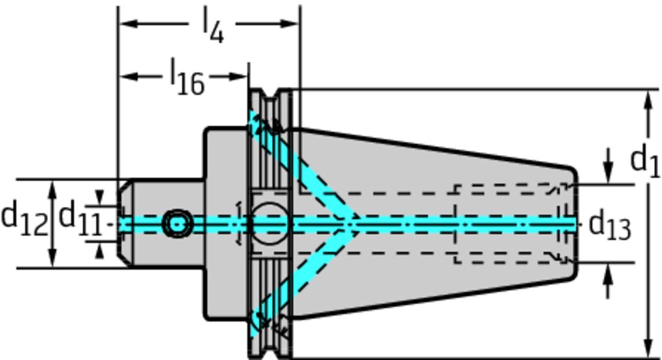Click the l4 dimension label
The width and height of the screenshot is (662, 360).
[213, 27]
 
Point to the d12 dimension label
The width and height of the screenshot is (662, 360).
[24, 218]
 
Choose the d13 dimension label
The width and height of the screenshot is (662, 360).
[610, 226]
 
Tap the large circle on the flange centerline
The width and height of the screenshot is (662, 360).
[269, 224]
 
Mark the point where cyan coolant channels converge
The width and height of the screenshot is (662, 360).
[352, 224]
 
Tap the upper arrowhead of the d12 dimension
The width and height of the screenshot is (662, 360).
[53, 186]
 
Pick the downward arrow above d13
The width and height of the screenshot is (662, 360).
[608, 175]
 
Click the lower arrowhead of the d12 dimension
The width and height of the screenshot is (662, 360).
[53, 261]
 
